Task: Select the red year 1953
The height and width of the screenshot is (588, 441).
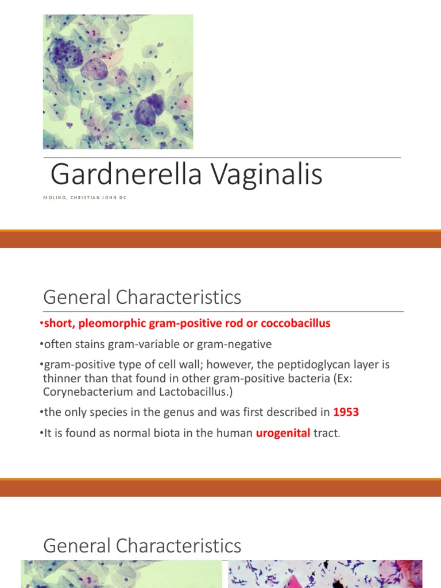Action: point(345,412)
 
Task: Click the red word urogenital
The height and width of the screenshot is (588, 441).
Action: point(282,434)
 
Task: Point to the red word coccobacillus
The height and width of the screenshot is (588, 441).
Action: point(296,323)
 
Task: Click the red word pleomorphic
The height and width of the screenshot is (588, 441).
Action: point(109,323)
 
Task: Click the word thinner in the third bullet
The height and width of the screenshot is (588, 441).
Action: point(61,378)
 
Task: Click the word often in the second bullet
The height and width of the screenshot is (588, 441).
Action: point(59,344)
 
